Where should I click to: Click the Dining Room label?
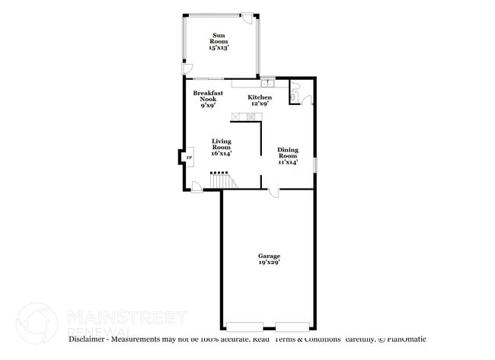tap(287, 155)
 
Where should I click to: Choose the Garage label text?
tap(268, 256)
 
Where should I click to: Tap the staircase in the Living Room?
tap(221, 181)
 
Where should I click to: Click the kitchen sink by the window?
tap(267, 83)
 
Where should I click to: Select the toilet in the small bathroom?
tap(294, 97)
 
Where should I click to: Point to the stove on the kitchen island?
tap(249, 116)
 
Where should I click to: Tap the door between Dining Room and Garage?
tap(273, 193)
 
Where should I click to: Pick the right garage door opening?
tap(293, 321)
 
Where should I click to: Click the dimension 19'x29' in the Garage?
tap(268, 263)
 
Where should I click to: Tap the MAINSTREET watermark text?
tap(126, 316)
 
